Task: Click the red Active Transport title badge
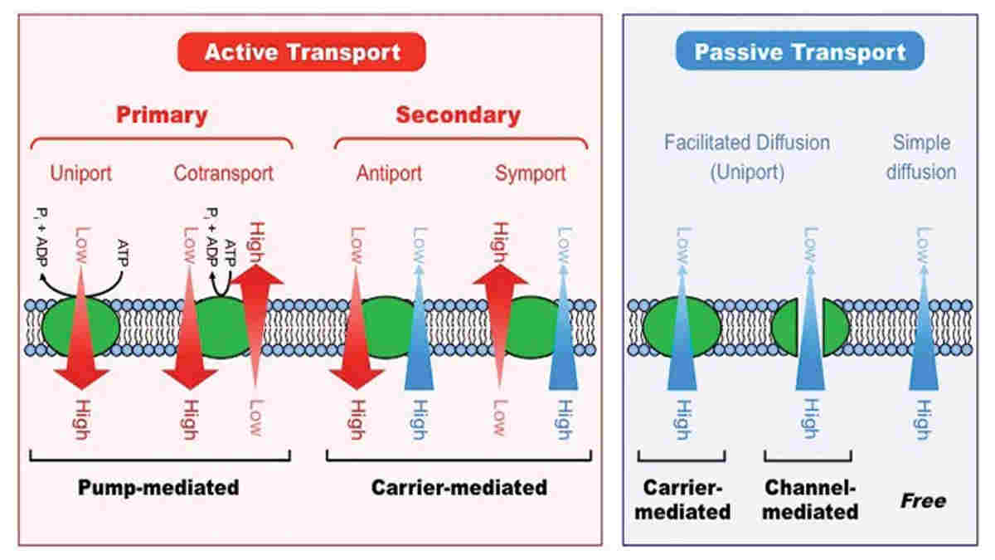tap(302, 51)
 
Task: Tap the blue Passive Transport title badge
tap(800, 51)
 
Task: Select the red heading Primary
tap(162, 115)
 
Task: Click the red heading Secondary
tap(458, 115)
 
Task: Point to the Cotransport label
tap(223, 173)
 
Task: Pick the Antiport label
tap(389, 173)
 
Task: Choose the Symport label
tap(531, 173)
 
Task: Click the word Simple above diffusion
tap(922, 143)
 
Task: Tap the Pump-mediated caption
tap(158, 488)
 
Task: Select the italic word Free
tap(923, 501)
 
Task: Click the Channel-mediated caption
tap(810, 499)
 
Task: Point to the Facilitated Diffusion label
tap(747, 143)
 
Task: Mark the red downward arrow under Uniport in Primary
tap(81, 328)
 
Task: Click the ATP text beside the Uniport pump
tap(123, 253)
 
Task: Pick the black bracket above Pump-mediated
tap(160, 457)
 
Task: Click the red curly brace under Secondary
tap(461, 140)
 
